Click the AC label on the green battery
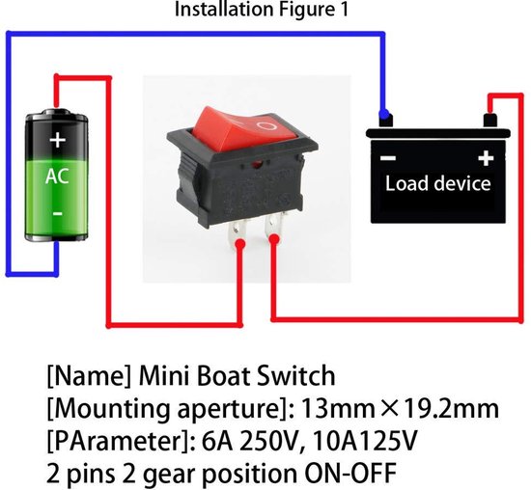57,177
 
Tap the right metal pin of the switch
274,231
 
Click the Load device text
437,183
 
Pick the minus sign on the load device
388,157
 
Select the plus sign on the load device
486,157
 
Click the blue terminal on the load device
386,120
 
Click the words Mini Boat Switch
238,375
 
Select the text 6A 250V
286,442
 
